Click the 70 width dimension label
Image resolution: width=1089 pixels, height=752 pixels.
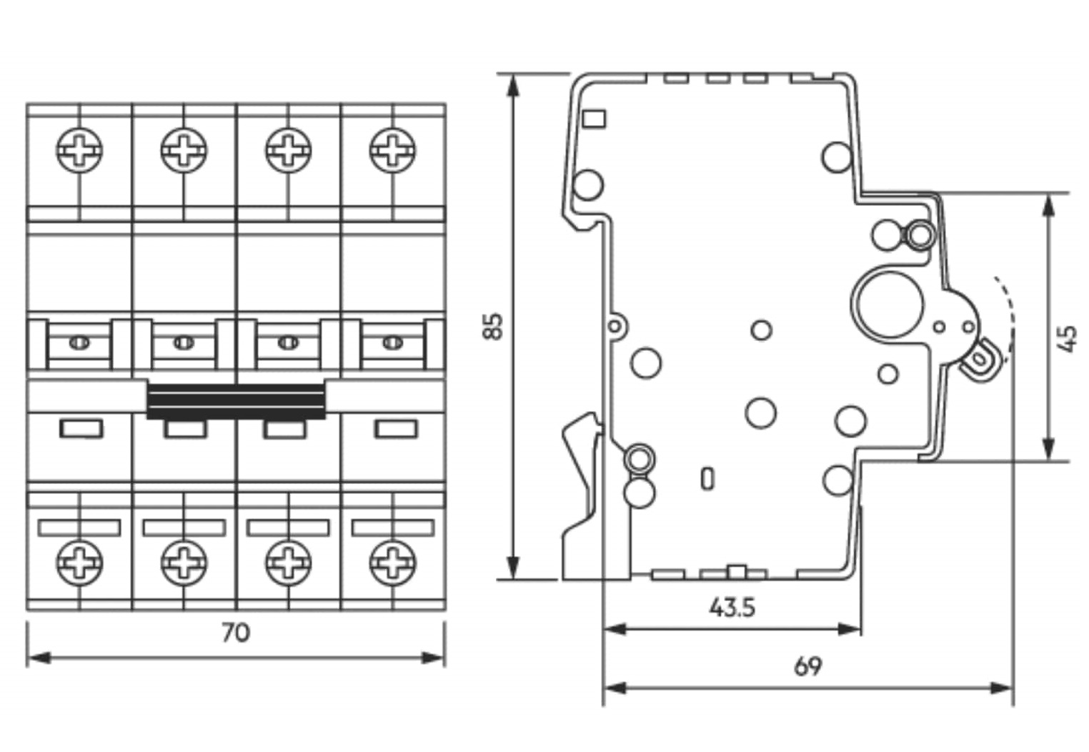coord(236,633)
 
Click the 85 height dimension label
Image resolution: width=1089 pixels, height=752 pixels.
coord(494,325)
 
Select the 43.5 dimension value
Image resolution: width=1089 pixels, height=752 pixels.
coord(732,608)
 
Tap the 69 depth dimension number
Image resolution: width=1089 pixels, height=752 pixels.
coord(808,666)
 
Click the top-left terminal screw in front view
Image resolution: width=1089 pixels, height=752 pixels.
coord(79,151)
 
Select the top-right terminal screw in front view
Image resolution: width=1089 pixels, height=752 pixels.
coord(392,151)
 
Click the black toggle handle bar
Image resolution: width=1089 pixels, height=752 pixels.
coord(237,401)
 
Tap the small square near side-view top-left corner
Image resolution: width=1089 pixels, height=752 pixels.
coord(594,118)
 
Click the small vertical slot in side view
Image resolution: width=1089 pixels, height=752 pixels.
coord(707,478)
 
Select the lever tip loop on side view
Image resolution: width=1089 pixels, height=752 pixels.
coord(978,361)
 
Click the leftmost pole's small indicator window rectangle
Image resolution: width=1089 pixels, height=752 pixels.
coord(81,429)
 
